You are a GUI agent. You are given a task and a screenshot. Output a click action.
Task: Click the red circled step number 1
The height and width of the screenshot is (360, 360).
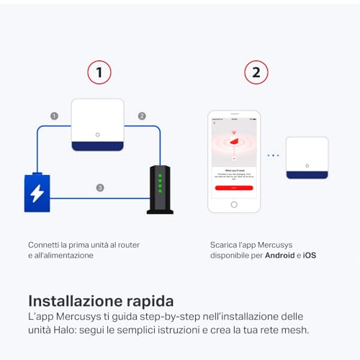click(99, 72)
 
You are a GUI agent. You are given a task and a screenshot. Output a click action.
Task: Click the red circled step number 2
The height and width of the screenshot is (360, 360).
click(256, 72)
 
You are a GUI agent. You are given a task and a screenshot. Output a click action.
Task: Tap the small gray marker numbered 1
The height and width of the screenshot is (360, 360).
click(54, 115)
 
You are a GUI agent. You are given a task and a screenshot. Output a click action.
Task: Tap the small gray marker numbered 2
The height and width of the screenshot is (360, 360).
click(142, 115)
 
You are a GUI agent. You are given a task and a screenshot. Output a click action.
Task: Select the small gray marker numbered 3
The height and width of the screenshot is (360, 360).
click(100, 188)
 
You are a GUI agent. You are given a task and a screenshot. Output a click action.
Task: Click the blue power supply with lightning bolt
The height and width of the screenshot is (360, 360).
click(37, 192)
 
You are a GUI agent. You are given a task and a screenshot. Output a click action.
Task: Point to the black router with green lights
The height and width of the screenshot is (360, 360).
click(160, 190)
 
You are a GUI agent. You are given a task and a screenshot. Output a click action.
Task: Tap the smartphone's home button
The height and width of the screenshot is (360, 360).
click(233, 204)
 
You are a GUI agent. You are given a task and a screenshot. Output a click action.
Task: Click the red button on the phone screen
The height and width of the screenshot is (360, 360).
click(233, 186)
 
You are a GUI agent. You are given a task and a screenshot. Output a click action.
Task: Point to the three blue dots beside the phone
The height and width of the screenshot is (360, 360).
click(273, 155)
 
